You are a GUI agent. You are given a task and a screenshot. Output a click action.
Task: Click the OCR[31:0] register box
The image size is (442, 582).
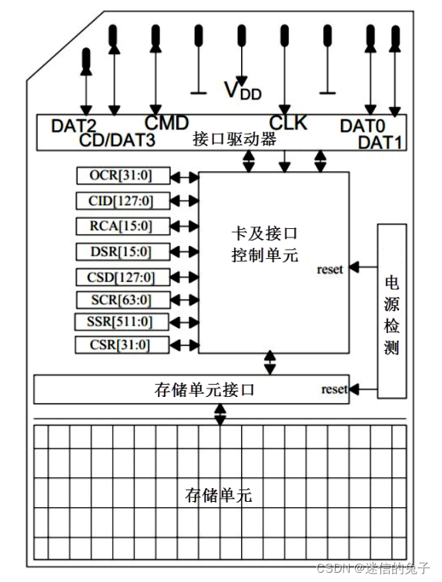[x=123, y=176]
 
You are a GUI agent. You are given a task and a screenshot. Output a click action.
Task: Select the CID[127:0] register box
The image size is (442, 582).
[x=123, y=201]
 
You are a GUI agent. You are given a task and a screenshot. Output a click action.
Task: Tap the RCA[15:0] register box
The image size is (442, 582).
[x=123, y=226]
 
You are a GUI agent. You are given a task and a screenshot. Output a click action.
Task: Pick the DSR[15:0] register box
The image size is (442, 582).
[x=123, y=251]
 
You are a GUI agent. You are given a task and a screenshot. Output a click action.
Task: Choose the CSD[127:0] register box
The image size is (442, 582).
[x=123, y=277]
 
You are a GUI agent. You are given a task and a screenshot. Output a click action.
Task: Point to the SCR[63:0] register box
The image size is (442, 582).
[x=123, y=299]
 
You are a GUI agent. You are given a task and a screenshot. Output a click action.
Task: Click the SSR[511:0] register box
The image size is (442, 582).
[x=123, y=321]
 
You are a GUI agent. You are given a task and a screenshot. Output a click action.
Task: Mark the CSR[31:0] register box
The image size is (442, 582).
[x=123, y=344]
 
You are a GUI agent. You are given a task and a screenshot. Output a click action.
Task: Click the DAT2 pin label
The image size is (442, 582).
[x=74, y=125]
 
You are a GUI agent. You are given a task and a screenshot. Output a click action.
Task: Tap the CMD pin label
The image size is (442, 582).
[x=166, y=122]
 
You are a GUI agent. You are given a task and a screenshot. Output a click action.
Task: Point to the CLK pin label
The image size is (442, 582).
[x=288, y=123]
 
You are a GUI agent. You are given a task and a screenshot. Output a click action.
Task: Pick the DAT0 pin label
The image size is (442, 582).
[x=363, y=125]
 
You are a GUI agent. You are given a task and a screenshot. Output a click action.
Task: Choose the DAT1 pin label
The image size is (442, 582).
[x=380, y=141]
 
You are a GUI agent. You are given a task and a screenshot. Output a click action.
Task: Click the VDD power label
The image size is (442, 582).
[x=243, y=91]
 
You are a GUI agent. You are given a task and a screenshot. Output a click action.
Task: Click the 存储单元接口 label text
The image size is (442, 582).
[x=206, y=390]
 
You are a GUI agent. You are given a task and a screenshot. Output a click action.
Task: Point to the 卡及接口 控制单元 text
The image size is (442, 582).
[x=265, y=243]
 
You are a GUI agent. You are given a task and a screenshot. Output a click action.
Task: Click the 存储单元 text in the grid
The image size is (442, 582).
[x=219, y=495]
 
